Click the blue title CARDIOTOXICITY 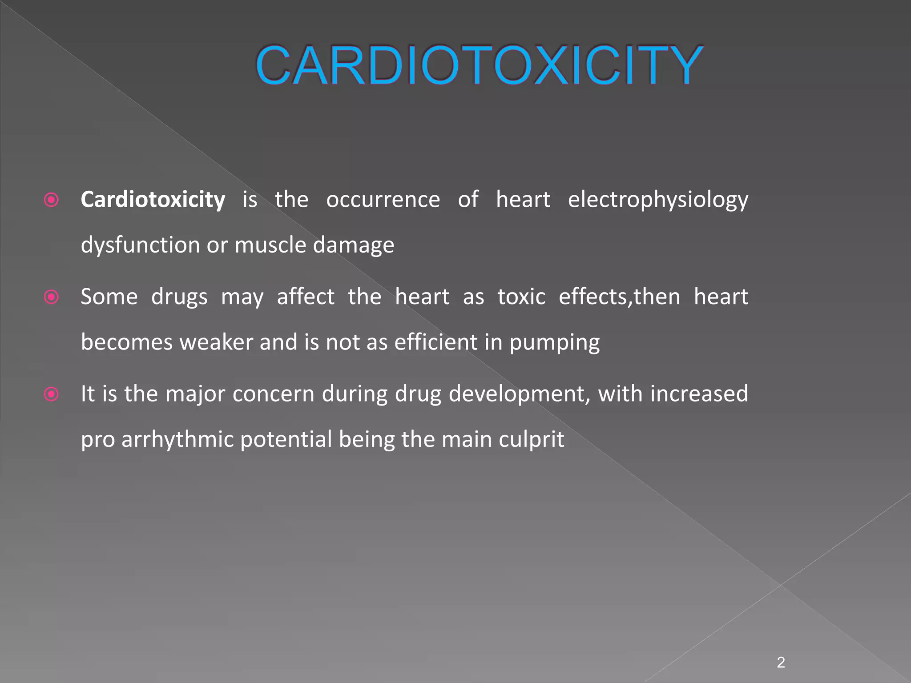pyautogui.click(x=479, y=65)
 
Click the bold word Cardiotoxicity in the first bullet pyautogui.click(x=153, y=200)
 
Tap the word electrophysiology pyautogui.click(x=658, y=200)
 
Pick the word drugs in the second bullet pyautogui.click(x=179, y=297)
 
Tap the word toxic pyautogui.click(x=521, y=297)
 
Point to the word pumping pyautogui.click(x=554, y=343)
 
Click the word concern pyautogui.click(x=273, y=394)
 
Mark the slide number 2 pyautogui.click(x=781, y=663)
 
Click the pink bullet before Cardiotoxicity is pyautogui.click(x=52, y=200)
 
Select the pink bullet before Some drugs pyautogui.click(x=52, y=297)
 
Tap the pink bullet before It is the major pyautogui.click(x=52, y=394)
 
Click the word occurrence pyautogui.click(x=383, y=200)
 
